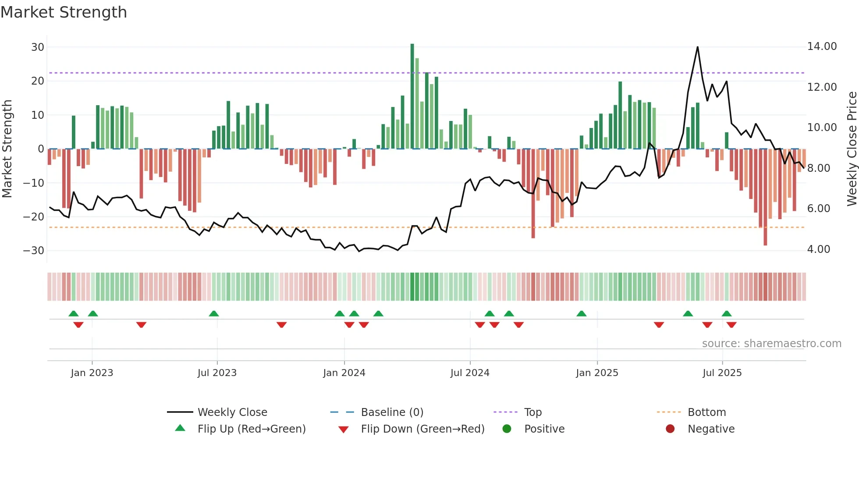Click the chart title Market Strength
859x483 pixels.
(x=64, y=12)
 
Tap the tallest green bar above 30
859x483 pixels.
(x=412, y=96)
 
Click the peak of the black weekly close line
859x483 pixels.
(x=697, y=47)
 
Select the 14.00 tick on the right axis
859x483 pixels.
(x=822, y=46)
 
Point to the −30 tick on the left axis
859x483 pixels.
(x=33, y=251)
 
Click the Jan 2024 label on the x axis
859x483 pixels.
(x=344, y=373)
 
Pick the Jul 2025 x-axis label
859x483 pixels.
(x=722, y=373)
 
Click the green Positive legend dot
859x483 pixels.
(x=507, y=429)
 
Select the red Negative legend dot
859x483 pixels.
(x=670, y=429)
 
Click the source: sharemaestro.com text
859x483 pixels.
(x=771, y=344)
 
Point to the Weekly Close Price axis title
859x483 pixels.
(x=852, y=149)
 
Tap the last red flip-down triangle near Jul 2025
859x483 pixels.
(x=731, y=325)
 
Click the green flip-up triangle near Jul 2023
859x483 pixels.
(x=214, y=313)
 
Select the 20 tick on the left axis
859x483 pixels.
(x=37, y=81)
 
